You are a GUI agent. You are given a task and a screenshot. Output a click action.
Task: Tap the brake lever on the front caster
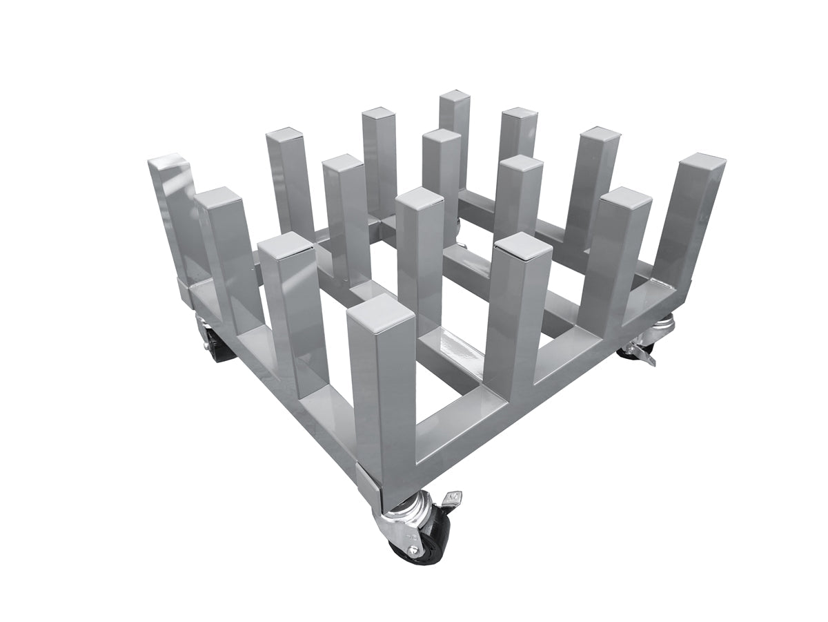[x=452, y=498]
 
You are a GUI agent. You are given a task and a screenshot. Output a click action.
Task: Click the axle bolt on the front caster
[x=413, y=550]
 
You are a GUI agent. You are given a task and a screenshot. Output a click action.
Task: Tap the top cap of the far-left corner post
[x=168, y=164]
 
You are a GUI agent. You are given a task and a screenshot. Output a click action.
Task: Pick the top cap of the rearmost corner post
[x=455, y=98]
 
